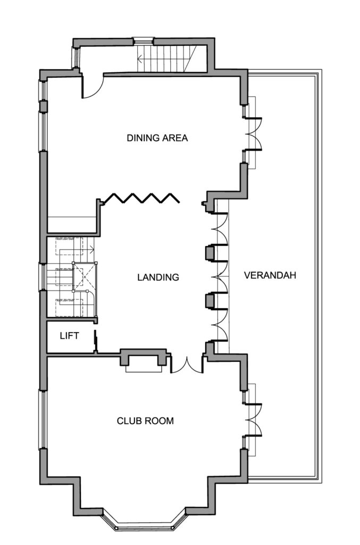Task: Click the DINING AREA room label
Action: [x=157, y=138]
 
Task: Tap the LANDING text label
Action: [x=157, y=277]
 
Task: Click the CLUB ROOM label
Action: [x=145, y=420]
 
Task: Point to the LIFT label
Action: [x=69, y=336]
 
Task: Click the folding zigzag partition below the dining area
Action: [x=141, y=198]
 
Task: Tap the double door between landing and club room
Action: [x=186, y=365]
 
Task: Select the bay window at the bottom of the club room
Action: [x=144, y=524]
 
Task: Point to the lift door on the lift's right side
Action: [x=95, y=342]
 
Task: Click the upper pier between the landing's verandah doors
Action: [x=211, y=253]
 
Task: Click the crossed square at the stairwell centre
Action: [x=85, y=277]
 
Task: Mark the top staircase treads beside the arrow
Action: [x=170, y=57]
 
